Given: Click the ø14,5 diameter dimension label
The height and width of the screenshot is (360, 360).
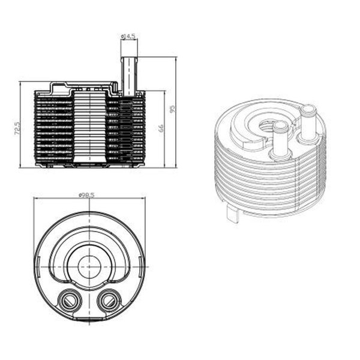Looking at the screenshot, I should pyautogui.click(x=128, y=37).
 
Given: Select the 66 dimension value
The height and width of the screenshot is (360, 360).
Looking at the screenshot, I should pyautogui.click(x=160, y=128).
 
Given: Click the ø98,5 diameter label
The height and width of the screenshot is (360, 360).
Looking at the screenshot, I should pyautogui.click(x=88, y=194).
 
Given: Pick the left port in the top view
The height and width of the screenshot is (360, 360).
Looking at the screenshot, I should pyautogui.click(x=68, y=298).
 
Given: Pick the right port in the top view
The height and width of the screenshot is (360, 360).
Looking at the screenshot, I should pyautogui.click(x=109, y=298).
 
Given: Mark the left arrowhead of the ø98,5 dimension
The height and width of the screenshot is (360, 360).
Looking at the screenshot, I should pyautogui.click(x=35, y=199).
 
